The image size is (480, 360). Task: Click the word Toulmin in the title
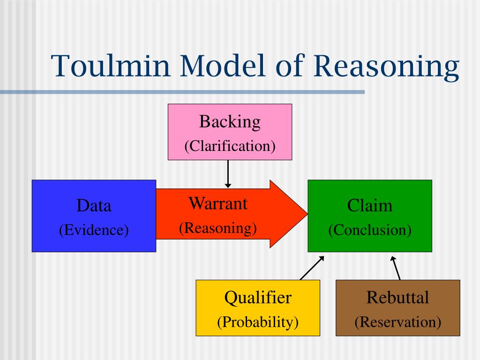[x=111, y=66]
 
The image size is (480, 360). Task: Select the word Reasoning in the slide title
[x=386, y=67]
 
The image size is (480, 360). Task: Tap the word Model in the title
[x=222, y=65]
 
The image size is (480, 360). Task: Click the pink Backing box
[x=230, y=132]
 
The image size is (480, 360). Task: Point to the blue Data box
[x=94, y=216]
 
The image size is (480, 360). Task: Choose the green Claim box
[x=370, y=216]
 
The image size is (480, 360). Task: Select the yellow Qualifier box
[x=258, y=307]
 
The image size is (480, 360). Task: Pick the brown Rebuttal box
[x=398, y=307]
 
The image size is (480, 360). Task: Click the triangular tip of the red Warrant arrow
[x=307, y=214]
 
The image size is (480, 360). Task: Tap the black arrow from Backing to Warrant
[x=228, y=174]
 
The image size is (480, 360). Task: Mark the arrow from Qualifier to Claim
[x=312, y=268]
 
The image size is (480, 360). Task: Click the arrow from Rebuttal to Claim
[x=395, y=268]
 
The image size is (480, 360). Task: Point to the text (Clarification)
[x=230, y=146]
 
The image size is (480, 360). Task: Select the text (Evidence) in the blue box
[x=94, y=230]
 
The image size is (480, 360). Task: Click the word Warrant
[x=218, y=203]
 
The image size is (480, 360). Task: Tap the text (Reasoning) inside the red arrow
[x=218, y=228]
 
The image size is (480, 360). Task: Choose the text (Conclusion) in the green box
[x=370, y=230]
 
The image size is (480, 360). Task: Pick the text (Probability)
[x=258, y=322]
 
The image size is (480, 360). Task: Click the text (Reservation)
[x=398, y=322]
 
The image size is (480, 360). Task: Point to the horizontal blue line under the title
[x=182, y=92]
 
